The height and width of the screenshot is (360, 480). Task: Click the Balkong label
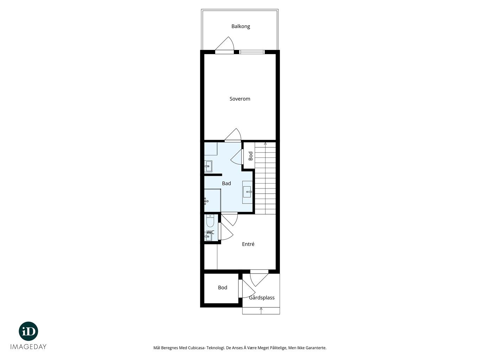click(241, 26)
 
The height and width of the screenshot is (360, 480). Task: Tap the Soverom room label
click(240, 99)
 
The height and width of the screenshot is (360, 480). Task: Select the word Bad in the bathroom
click(226, 184)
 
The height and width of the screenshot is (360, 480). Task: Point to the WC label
click(210, 232)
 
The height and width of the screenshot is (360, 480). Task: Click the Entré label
click(248, 244)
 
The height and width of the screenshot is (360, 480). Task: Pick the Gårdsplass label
click(262, 297)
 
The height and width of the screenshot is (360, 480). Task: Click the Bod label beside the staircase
click(251, 156)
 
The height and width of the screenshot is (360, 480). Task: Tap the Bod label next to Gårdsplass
click(222, 288)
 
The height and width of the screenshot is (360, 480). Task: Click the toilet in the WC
click(210, 221)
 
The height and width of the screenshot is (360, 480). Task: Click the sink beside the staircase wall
click(247, 192)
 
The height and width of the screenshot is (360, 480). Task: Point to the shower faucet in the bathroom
click(206, 201)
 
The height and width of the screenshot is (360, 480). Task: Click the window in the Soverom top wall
click(252, 52)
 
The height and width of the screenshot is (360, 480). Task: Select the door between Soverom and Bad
click(233, 135)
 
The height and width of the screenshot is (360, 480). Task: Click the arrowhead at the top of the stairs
click(265, 143)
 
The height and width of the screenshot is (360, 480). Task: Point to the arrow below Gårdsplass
click(261, 310)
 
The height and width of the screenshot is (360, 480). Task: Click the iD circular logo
click(28, 331)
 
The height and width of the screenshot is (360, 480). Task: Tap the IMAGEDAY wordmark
click(28, 347)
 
